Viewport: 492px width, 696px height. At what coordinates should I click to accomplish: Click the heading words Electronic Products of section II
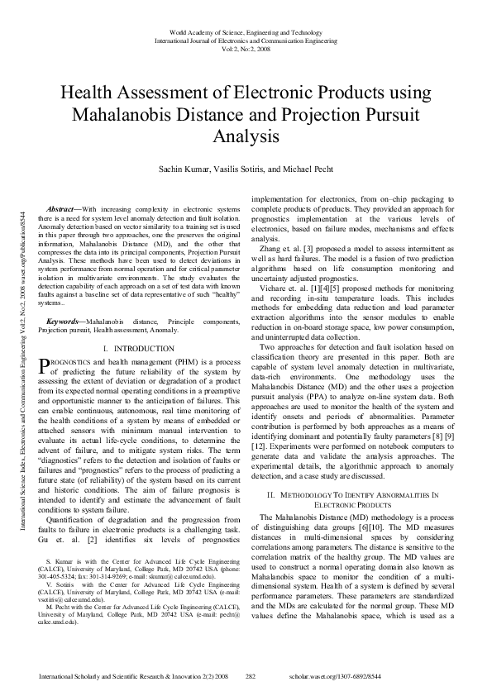coord(356,503)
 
